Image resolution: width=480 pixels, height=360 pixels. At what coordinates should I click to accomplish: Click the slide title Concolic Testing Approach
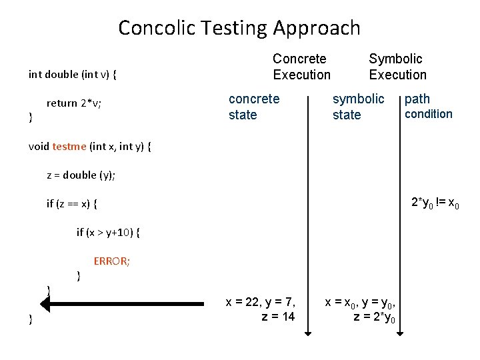pyautogui.click(x=239, y=28)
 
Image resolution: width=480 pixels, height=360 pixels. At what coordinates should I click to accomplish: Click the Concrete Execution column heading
pyautogui.click(x=301, y=67)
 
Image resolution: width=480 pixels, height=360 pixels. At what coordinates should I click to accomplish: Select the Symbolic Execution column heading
pyautogui.click(x=397, y=67)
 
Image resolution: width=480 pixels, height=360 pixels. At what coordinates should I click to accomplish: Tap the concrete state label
pyautogui.click(x=254, y=107)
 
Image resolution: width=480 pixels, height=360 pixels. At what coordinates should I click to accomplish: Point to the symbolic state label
pyautogui.click(x=358, y=107)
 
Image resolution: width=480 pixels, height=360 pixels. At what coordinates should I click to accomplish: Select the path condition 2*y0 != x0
pyautogui.click(x=435, y=202)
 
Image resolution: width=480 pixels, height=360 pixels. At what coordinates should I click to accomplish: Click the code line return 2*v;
pyautogui.click(x=74, y=103)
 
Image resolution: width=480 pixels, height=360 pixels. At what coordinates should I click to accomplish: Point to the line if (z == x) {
pyautogui.click(x=76, y=204)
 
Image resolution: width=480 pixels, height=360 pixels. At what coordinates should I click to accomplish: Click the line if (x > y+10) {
pyautogui.click(x=107, y=232)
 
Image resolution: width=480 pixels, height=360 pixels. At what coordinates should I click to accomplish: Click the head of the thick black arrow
pyautogui.click(x=46, y=303)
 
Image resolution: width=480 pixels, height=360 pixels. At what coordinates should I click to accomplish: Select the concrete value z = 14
pyautogui.click(x=278, y=317)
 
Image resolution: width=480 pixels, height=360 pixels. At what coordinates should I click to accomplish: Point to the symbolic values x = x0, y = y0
pyautogui.click(x=363, y=302)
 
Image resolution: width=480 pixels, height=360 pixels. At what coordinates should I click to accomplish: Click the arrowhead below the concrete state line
pyautogui.click(x=307, y=331)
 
